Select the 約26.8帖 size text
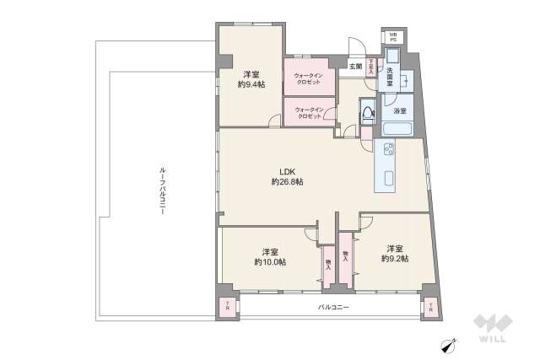(x=288, y=181)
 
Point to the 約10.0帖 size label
(x=270, y=262)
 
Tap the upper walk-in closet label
(x=308, y=77)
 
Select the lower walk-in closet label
(x=308, y=112)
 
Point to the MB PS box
(x=392, y=37)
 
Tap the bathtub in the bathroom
(x=396, y=129)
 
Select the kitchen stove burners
(x=389, y=150)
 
